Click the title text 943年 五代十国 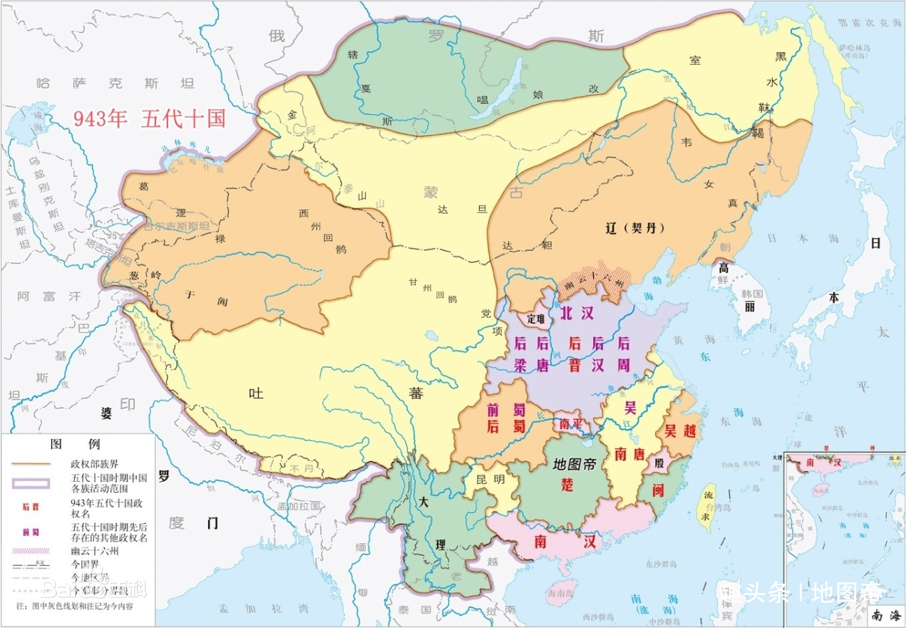(x=149, y=118)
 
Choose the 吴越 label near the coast (x=680, y=431)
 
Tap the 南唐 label (x=629, y=453)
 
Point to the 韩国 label (x=752, y=294)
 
